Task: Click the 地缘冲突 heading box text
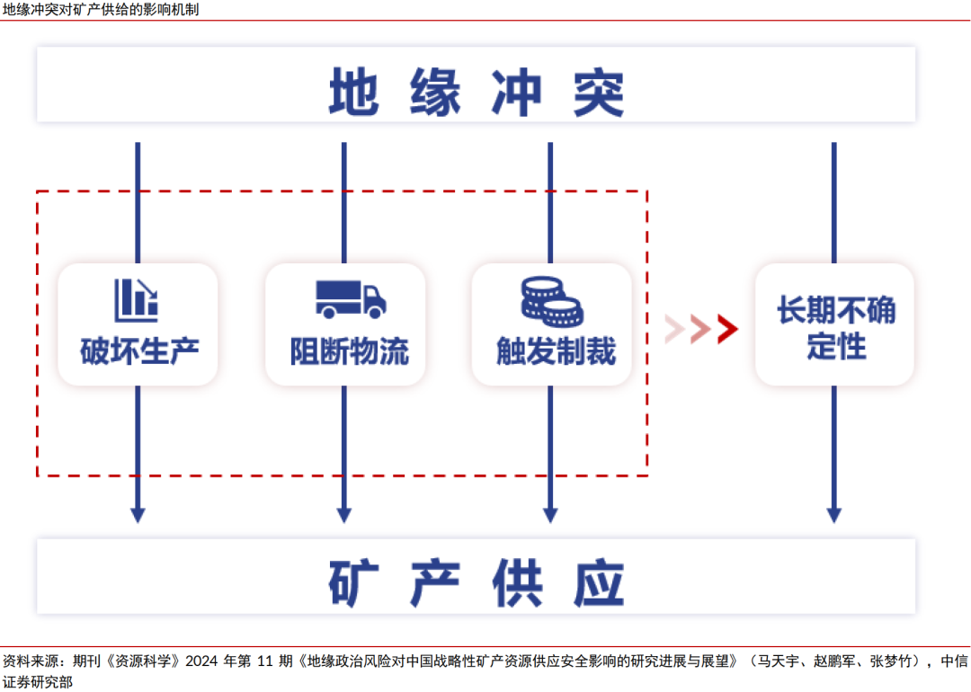[x=476, y=91]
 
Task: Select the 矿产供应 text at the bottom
[x=476, y=582]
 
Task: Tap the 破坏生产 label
[x=138, y=350]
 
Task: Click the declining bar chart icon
[x=137, y=300]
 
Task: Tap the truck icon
[x=350, y=298]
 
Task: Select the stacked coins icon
[x=551, y=300]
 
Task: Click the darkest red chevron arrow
[x=728, y=330]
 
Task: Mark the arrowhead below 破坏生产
[x=138, y=515]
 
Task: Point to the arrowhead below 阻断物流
[x=343, y=515]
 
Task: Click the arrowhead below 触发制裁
[x=550, y=515]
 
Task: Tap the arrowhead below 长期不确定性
[x=833, y=515]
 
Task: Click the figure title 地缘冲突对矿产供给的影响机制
[x=101, y=10]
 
